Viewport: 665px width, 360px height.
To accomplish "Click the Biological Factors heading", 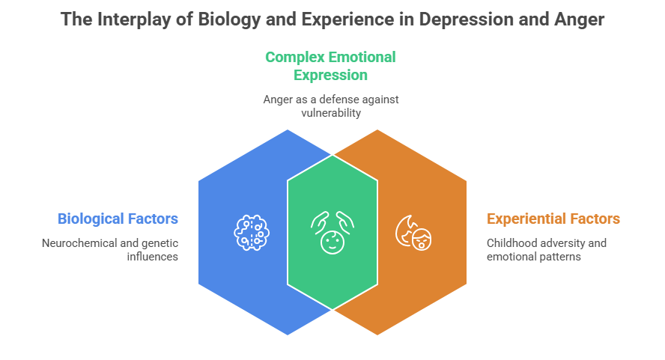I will click(x=118, y=219).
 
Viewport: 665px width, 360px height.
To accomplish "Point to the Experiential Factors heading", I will click(x=553, y=219).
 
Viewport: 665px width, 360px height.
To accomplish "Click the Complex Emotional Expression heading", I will click(x=330, y=66).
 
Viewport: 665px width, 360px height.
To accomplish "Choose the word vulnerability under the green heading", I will click(x=330, y=113).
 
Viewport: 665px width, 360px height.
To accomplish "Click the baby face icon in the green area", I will click(x=332, y=231).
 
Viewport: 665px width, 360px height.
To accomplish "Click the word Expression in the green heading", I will click(x=330, y=75).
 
